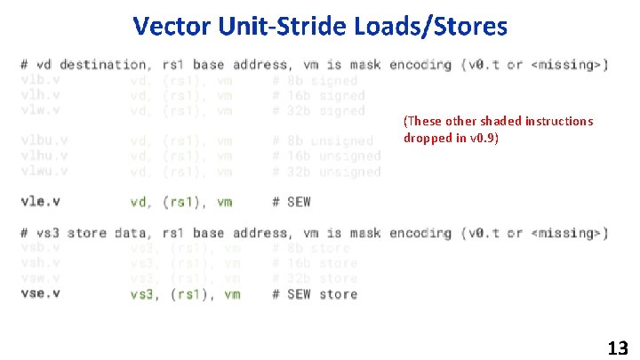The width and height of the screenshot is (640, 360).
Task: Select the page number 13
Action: (x=618, y=348)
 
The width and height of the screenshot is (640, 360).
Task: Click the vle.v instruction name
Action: (x=41, y=202)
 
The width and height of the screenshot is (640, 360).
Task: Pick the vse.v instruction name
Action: (x=41, y=293)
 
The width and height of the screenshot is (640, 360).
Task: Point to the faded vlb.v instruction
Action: (x=41, y=80)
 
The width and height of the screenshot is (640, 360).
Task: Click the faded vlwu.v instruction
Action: (x=44, y=171)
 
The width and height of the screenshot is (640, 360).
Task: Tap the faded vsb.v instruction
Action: (x=41, y=248)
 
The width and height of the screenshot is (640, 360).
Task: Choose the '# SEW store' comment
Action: (x=315, y=293)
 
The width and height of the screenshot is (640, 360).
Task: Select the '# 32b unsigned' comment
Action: (x=326, y=171)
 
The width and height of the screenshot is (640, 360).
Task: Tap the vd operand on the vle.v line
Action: (x=140, y=202)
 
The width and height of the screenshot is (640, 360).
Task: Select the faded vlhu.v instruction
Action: (x=44, y=156)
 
